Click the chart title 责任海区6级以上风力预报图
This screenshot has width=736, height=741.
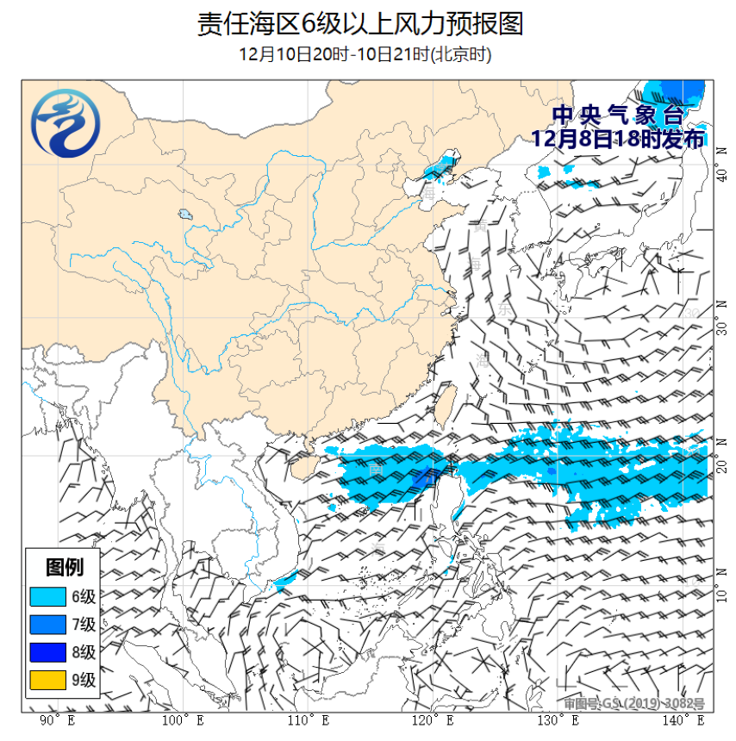[360, 24]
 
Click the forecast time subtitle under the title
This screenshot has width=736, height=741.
[365, 54]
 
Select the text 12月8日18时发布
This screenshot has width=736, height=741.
[618, 138]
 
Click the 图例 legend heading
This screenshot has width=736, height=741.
[65, 567]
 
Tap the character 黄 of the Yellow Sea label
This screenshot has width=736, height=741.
[480, 227]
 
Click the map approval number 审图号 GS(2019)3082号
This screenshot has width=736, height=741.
[633, 703]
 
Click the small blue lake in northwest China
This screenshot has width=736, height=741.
[184, 214]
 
